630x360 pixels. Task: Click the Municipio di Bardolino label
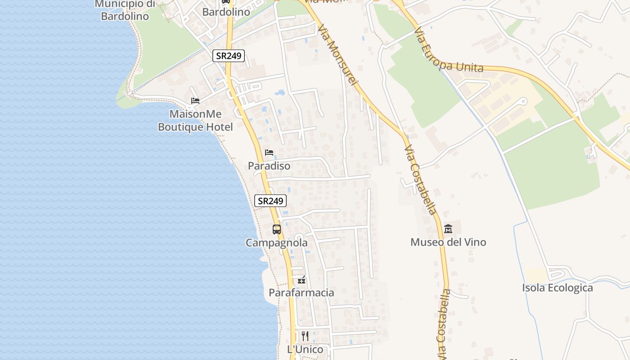tap(125, 10)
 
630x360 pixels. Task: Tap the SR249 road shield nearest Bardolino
tap(229, 56)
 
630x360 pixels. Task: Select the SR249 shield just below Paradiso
tap(270, 201)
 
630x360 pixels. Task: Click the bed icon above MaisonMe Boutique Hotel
tap(195, 100)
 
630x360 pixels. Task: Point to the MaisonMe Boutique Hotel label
tap(195, 121)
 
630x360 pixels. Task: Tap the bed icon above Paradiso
tap(269, 153)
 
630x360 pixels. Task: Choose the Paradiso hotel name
tap(269, 166)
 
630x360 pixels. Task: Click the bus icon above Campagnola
tap(277, 229)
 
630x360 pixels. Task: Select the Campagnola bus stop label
tap(277, 243)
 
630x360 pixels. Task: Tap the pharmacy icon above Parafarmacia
tap(301, 280)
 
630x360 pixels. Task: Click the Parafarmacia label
tap(301, 293)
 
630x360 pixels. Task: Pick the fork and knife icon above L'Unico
tap(305, 336)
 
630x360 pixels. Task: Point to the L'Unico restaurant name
tap(305, 350)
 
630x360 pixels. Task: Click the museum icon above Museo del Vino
tap(448, 229)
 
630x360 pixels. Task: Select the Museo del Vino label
tap(448, 243)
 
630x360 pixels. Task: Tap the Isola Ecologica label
tap(558, 288)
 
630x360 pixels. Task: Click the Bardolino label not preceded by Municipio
tap(226, 12)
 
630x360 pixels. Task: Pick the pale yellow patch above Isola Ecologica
tap(536, 276)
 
